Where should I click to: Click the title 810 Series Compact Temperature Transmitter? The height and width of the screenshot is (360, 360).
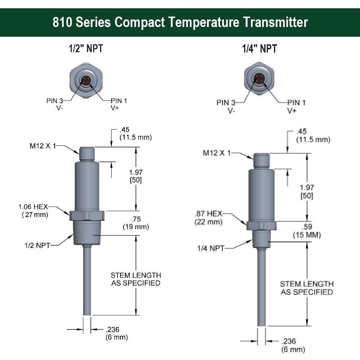180,22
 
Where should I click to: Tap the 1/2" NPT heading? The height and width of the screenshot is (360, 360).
86,49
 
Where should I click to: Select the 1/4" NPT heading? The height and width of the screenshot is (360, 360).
259,49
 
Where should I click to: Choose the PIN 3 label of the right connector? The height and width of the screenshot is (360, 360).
226,103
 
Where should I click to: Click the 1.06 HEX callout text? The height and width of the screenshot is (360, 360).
33,207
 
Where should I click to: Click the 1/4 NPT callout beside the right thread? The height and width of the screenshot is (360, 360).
211,248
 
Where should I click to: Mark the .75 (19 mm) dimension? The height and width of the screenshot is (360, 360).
135,223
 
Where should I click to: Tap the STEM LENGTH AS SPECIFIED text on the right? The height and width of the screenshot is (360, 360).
307,288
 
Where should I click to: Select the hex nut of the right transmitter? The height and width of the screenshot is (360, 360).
261,225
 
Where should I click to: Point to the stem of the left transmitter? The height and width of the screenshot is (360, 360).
87,281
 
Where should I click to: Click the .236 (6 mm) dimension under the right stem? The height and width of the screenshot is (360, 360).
293,345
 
